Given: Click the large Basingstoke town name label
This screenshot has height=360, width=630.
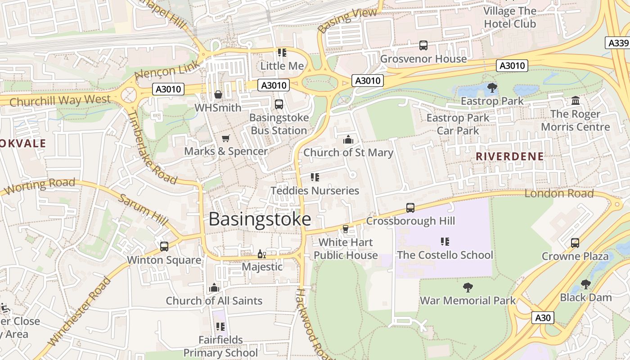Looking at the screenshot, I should coord(260,219).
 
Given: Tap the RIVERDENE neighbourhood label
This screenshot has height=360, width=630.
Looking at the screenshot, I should coord(509,157).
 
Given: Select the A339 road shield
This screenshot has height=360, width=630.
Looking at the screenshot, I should coord(618,43).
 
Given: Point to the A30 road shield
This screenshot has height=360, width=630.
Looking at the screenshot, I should coord(543,318).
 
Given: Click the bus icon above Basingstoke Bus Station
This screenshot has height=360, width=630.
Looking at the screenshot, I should coord(279,104).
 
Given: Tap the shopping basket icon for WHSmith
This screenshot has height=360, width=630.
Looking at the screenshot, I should coord(218,94).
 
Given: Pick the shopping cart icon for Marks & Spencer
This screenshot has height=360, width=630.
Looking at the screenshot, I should coord(226,138).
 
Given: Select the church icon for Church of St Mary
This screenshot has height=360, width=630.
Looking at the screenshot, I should coord(348,140).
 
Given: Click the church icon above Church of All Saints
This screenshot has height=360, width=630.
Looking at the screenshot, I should coord(214,288).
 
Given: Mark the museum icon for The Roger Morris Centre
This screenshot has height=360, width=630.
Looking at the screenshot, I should coord(576,101).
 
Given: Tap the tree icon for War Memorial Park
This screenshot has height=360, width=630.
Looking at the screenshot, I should coord(468,287).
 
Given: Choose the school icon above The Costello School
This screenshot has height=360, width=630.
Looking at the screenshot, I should coord(445,242).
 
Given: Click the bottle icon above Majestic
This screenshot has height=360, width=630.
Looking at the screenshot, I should coord(261,254).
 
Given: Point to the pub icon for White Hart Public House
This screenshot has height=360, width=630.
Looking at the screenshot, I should coord(346,229).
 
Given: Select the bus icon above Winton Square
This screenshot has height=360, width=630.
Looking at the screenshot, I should coord(164,247).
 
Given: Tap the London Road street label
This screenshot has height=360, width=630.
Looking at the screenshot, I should coord(559,193).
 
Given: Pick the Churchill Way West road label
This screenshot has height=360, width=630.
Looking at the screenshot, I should coord(60,100).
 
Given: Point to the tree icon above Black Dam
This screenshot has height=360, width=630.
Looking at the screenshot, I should coord(585,284).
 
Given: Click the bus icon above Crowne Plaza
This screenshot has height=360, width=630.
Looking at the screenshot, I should coord(575,243).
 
